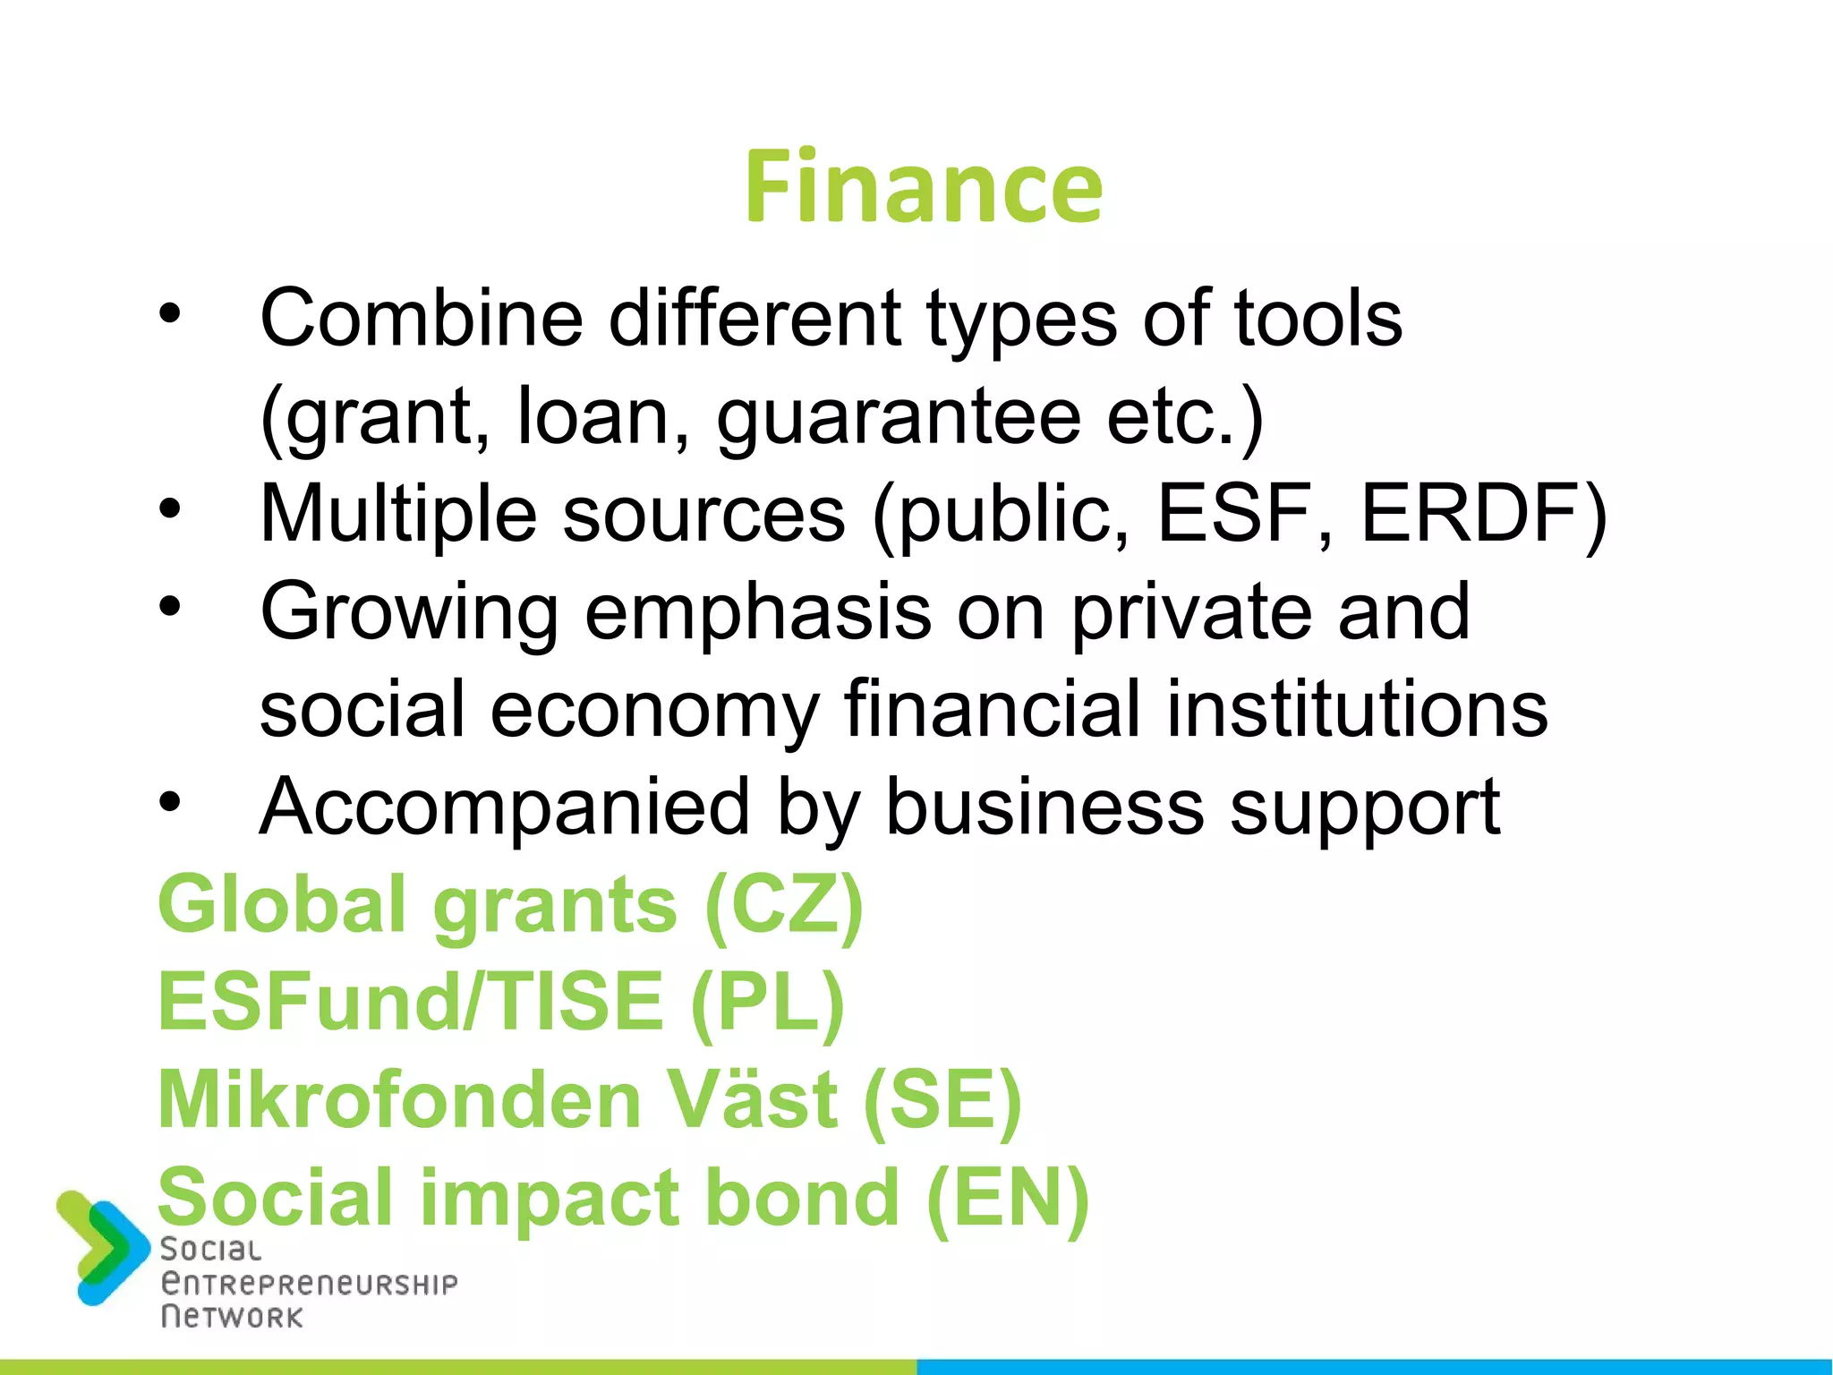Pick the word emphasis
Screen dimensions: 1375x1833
757,613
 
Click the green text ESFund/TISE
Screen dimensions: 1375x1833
411,1003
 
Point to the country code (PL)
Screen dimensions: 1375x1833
768,1003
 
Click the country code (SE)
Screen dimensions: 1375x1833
942,1100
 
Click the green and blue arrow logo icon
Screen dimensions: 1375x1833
101,1247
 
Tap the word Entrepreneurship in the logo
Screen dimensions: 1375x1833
309,1285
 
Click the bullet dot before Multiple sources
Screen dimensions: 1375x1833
169,510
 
